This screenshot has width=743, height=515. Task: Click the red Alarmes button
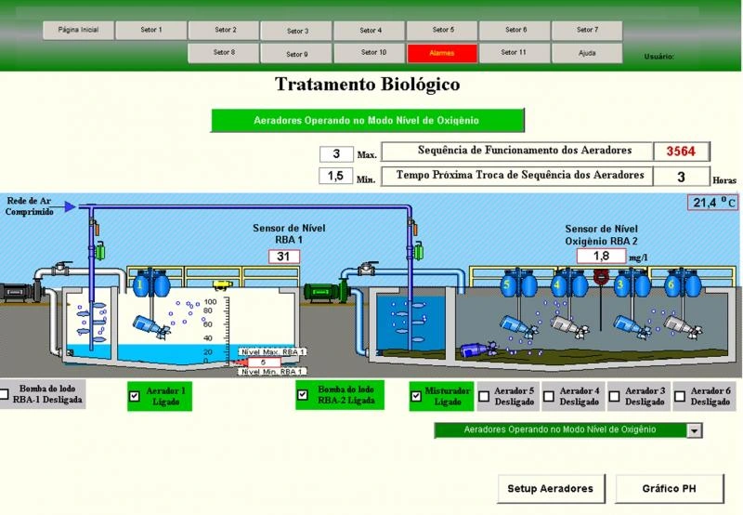[441, 54]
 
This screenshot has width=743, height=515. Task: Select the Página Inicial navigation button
[78, 30]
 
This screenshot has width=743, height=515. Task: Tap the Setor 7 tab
[586, 30]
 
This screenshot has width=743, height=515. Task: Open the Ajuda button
[586, 53]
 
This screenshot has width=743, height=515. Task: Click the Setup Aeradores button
[552, 487]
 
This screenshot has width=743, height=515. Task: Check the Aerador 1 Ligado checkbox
[135, 396]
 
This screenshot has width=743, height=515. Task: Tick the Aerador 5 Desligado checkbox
[484, 396]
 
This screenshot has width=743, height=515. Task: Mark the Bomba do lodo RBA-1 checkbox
[6, 394]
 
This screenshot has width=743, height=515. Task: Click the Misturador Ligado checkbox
[416, 396]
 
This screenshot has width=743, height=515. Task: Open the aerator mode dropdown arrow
[694, 430]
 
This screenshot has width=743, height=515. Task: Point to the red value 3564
[682, 152]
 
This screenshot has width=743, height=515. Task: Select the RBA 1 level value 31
[284, 257]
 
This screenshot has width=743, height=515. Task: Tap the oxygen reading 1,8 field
[601, 256]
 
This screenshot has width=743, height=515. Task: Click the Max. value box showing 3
[336, 154]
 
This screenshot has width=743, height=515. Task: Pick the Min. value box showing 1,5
[336, 176]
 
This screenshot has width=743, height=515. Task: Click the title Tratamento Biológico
[368, 86]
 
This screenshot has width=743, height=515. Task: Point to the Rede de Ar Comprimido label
[31, 205]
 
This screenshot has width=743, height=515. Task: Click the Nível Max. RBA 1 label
[271, 352]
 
